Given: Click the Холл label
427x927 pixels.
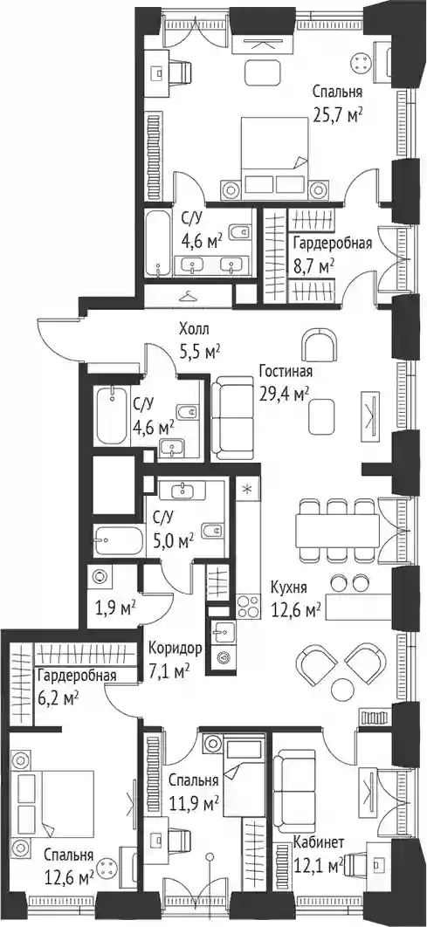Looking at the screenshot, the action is pyautogui.click(x=196, y=329).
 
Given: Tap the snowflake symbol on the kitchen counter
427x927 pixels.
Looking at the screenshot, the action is pyautogui.click(x=248, y=490).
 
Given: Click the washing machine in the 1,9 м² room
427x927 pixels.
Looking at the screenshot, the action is pyautogui.click(x=99, y=576).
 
